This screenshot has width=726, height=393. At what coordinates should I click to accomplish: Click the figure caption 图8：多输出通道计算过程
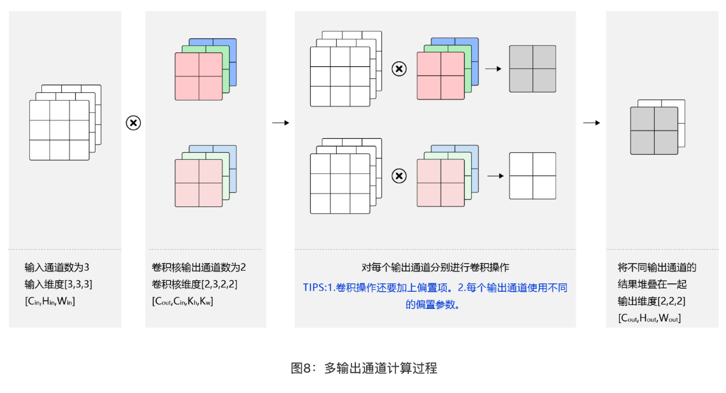click(x=364, y=368)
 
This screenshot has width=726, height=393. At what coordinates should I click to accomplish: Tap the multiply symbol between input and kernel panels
click(x=133, y=123)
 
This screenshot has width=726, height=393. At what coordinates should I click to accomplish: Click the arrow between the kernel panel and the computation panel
click(x=280, y=123)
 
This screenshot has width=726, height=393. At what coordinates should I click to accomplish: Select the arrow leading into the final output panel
click(x=592, y=123)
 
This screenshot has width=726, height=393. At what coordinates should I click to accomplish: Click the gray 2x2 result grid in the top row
click(x=532, y=69)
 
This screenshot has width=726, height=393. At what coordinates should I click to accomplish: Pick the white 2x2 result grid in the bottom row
click(x=532, y=176)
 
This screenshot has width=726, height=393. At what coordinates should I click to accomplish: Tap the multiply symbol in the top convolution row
click(x=399, y=69)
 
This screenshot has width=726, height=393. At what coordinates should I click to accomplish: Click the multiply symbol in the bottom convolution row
click(x=399, y=176)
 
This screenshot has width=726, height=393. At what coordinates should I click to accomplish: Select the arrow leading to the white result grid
click(x=495, y=176)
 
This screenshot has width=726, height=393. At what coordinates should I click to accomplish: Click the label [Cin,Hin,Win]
click(x=50, y=301)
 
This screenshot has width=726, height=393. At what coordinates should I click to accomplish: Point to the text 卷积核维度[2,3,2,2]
click(x=195, y=284)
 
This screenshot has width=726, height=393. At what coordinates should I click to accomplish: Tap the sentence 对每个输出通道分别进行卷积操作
click(x=435, y=268)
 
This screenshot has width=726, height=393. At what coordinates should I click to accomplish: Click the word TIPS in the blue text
click(x=314, y=288)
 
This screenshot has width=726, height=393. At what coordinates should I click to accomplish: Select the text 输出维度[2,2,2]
click(x=651, y=301)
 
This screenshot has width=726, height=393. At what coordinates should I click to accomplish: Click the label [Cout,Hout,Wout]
click(x=649, y=318)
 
